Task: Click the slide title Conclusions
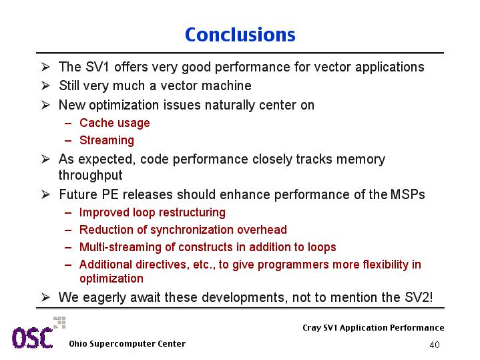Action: click(240, 35)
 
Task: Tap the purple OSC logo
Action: click(33, 338)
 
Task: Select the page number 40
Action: click(435, 345)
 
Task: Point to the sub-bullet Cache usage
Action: click(114, 123)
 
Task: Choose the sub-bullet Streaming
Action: click(107, 140)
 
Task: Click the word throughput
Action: click(90, 175)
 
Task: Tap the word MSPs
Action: click(408, 194)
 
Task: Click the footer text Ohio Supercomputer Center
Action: click(127, 344)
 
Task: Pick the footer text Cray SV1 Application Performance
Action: click(373, 328)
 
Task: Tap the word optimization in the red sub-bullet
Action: click(111, 279)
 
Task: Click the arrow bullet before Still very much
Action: click(45, 85)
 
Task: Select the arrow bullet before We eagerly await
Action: click(45, 297)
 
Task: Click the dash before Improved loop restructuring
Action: click(68, 212)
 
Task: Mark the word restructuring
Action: click(192, 212)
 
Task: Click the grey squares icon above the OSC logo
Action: click(59, 323)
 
